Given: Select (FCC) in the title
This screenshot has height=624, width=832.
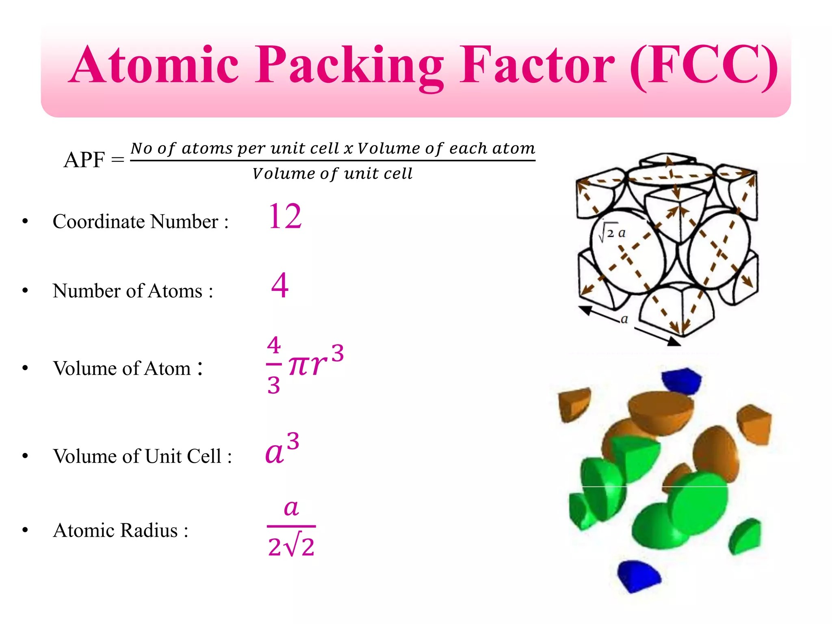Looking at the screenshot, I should click(x=704, y=66).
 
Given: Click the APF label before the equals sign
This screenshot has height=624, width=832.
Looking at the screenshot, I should click(x=84, y=160).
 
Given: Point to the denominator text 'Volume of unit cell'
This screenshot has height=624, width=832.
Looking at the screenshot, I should click(x=332, y=174).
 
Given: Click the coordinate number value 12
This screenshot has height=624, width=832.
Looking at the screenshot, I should click(x=285, y=217).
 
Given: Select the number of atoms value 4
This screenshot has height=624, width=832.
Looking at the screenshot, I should click(x=280, y=285).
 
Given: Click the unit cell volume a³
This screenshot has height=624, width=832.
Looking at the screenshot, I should click(x=282, y=449).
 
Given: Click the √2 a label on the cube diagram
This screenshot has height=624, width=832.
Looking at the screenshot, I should click(x=612, y=233).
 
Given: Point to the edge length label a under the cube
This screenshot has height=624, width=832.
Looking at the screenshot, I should click(x=624, y=319).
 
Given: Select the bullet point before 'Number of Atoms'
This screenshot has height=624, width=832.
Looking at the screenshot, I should click(x=25, y=291).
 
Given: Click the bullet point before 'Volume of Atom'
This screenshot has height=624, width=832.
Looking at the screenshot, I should click(x=25, y=368).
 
